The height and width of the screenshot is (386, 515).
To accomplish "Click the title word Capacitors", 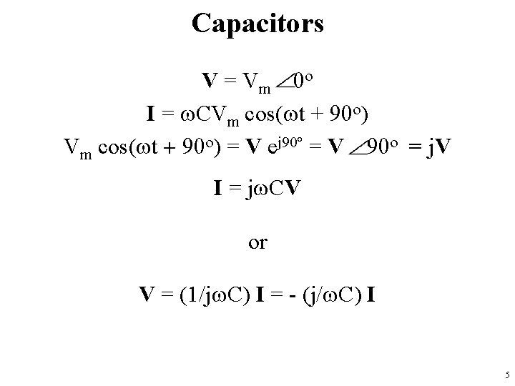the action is pos(257,24).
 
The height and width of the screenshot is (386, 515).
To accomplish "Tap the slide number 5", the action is pos(506,375).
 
